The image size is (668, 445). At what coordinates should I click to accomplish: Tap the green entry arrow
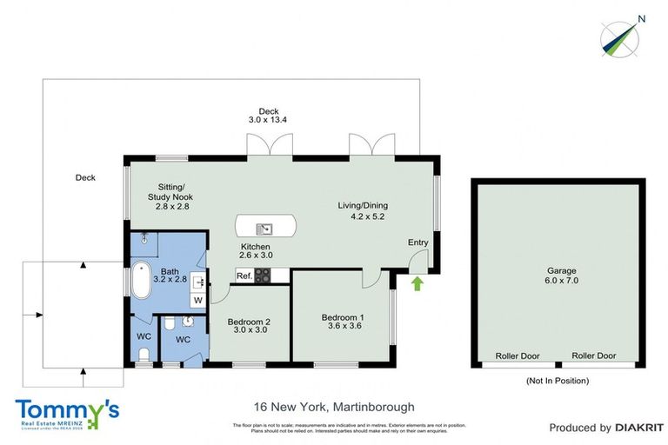416,282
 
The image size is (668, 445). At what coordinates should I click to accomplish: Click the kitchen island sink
265,229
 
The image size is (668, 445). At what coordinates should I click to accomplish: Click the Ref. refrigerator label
244,276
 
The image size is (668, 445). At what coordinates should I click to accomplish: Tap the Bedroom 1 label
343,322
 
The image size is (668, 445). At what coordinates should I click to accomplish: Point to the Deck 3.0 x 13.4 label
268,116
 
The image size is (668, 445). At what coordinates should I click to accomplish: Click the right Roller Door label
594,356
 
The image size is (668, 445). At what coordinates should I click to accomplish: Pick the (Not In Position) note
557,381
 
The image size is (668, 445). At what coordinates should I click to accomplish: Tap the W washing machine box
197,301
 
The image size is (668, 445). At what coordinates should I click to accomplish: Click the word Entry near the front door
418,242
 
